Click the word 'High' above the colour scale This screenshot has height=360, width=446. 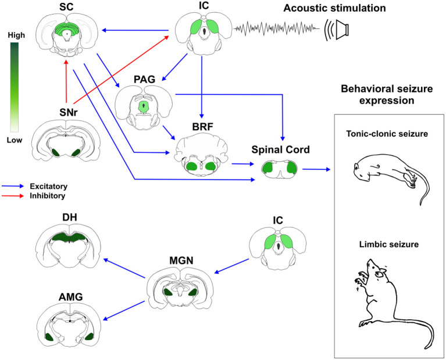tap(16, 35)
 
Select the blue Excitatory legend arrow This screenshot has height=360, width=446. tap(16, 186)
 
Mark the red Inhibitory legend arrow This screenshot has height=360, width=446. tap(16, 196)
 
